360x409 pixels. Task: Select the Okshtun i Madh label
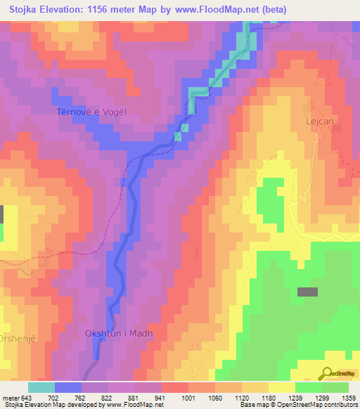119,334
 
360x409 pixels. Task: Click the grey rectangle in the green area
307,292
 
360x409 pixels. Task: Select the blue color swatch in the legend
67,387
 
